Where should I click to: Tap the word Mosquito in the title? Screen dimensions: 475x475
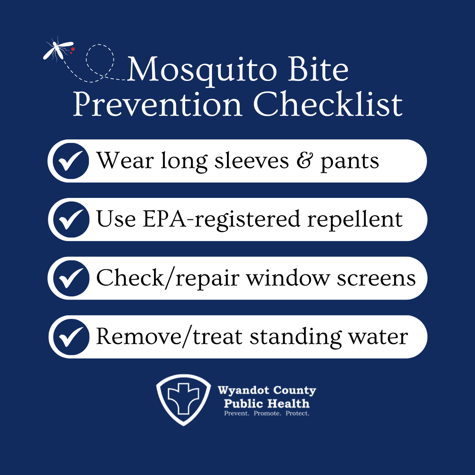(x=202, y=70)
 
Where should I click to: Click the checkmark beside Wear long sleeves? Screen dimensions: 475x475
(x=71, y=161)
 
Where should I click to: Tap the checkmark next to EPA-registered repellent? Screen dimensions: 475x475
(x=71, y=219)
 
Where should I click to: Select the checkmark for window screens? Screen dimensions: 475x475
(x=71, y=278)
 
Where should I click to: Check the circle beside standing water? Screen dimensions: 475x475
(x=71, y=337)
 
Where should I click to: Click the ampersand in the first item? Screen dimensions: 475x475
(x=304, y=161)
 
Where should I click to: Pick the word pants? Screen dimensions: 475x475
(x=350, y=162)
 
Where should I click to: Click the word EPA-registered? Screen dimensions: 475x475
(x=221, y=220)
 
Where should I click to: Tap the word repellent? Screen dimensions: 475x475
(x=355, y=220)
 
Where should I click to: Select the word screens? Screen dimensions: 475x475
(x=376, y=279)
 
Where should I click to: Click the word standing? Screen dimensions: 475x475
(x=295, y=338)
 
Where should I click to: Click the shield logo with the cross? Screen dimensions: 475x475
(x=183, y=400)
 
